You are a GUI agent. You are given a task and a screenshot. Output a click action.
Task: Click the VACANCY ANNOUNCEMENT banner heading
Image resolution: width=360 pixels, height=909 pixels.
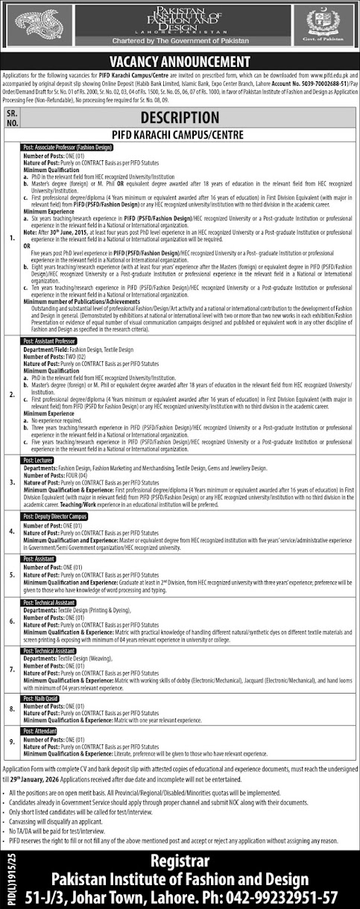(x=180, y=61)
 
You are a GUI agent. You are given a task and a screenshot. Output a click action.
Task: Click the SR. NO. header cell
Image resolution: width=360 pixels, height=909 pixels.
(x=11, y=117)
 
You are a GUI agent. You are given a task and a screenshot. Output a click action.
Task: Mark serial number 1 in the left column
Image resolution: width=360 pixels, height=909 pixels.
(x=11, y=238)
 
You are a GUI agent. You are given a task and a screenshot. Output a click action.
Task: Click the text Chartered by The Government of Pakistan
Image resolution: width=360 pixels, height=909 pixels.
(x=180, y=42)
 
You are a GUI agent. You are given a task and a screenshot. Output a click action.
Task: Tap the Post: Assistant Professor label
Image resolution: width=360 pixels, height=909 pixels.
(x=50, y=340)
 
